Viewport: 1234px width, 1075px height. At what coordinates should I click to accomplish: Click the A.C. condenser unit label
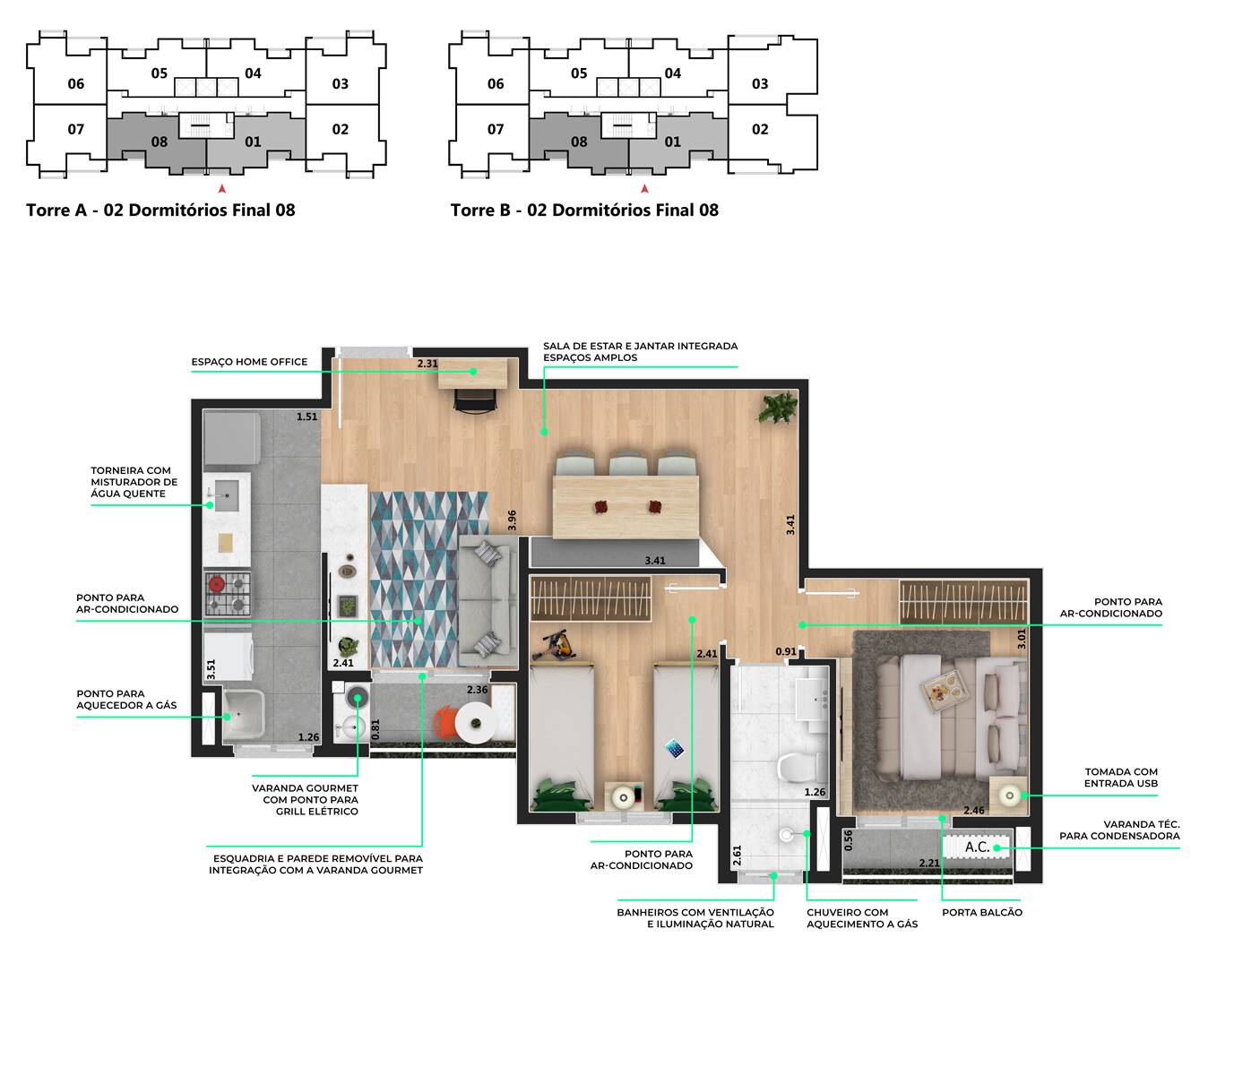pyautogui.click(x=977, y=847)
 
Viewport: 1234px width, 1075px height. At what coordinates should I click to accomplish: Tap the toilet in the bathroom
pyautogui.click(x=798, y=768)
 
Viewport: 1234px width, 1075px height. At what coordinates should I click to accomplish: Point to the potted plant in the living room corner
pyautogui.click(x=776, y=408)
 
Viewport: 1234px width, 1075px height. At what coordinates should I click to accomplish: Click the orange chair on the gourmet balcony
pyautogui.click(x=445, y=722)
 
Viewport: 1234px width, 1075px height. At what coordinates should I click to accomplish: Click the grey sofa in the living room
pyautogui.click(x=487, y=600)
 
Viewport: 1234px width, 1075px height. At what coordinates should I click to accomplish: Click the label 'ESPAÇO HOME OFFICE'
pyautogui.click(x=249, y=362)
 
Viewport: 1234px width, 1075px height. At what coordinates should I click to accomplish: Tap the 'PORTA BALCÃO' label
pyautogui.click(x=981, y=912)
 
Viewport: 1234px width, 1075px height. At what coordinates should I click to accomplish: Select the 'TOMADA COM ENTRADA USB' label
pyautogui.click(x=1120, y=778)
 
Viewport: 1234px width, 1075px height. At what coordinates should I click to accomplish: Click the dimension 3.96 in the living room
pyautogui.click(x=512, y=520)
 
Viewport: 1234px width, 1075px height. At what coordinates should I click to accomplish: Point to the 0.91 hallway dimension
pyautogui.click(x=785, y=652)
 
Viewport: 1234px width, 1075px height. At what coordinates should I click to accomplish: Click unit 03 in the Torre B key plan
pyautogui.click(x=760, y=84)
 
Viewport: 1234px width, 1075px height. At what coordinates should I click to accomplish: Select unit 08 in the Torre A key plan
pyautogui.click(x=159, y=142)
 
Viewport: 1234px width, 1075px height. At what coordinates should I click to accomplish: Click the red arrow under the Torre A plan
pyautogui.click(x=222, y=189)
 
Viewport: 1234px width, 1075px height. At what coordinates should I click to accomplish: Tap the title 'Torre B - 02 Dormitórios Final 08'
pyautogui.click(x=584, y=211)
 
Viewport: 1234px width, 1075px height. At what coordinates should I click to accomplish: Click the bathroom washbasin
pyautogui.click(x=815, y=695)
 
